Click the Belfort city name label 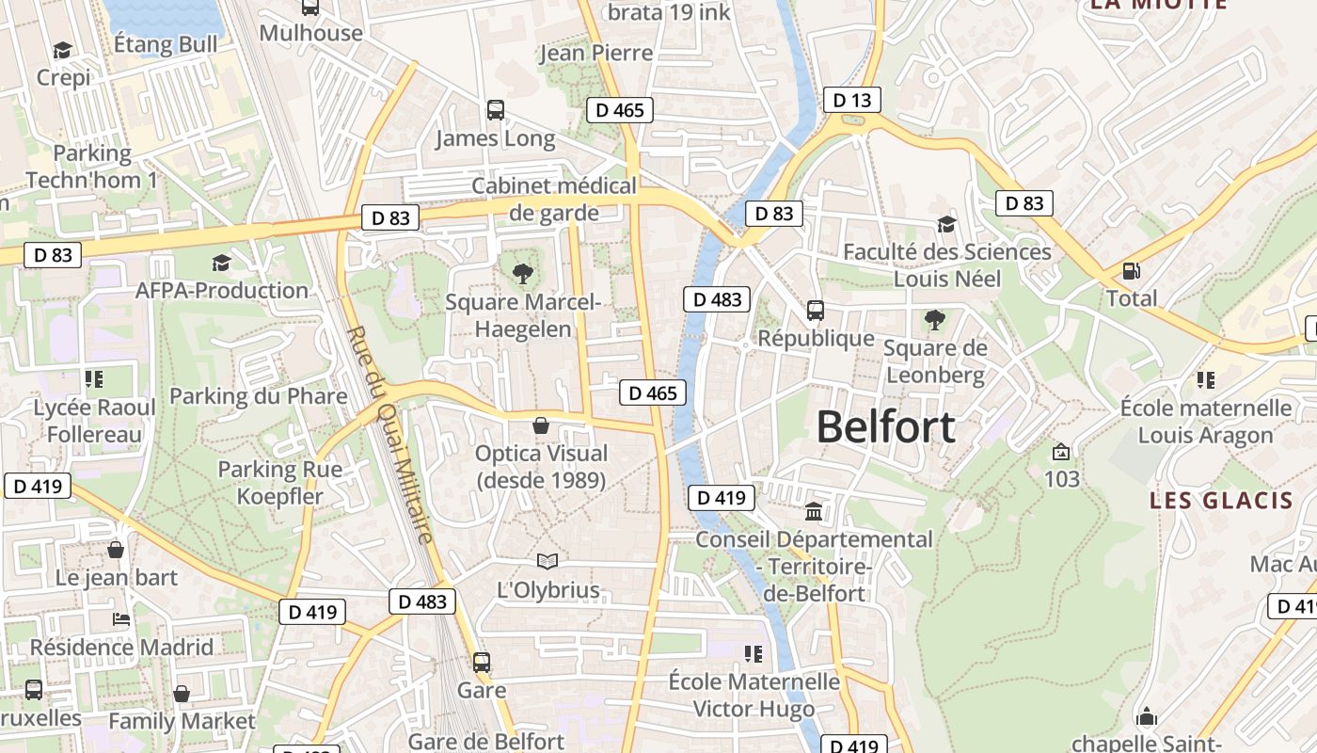tap(885, 427)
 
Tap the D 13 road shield tap(851, 100)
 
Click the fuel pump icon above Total tap(1131, 271)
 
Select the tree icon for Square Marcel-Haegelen tap(522, 274)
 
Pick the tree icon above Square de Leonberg tap(934, 320)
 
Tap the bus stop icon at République tap(816, 310)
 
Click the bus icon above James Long tap(496, 110)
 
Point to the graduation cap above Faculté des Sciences tap(946, 224)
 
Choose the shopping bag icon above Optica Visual tap(541, 425)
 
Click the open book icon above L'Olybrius tap(547, 562)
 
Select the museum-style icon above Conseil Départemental tap(814, 511)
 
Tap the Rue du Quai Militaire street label tap(390, 434)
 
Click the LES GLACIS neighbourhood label tap(1221, 500)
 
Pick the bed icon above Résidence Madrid tap(121, 619)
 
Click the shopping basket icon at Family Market tap(182, 694)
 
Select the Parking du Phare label tap(258, 396)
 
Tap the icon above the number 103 tap(1061, 452)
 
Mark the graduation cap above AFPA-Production tap(221, 263)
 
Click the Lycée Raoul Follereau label tap(94, 421)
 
